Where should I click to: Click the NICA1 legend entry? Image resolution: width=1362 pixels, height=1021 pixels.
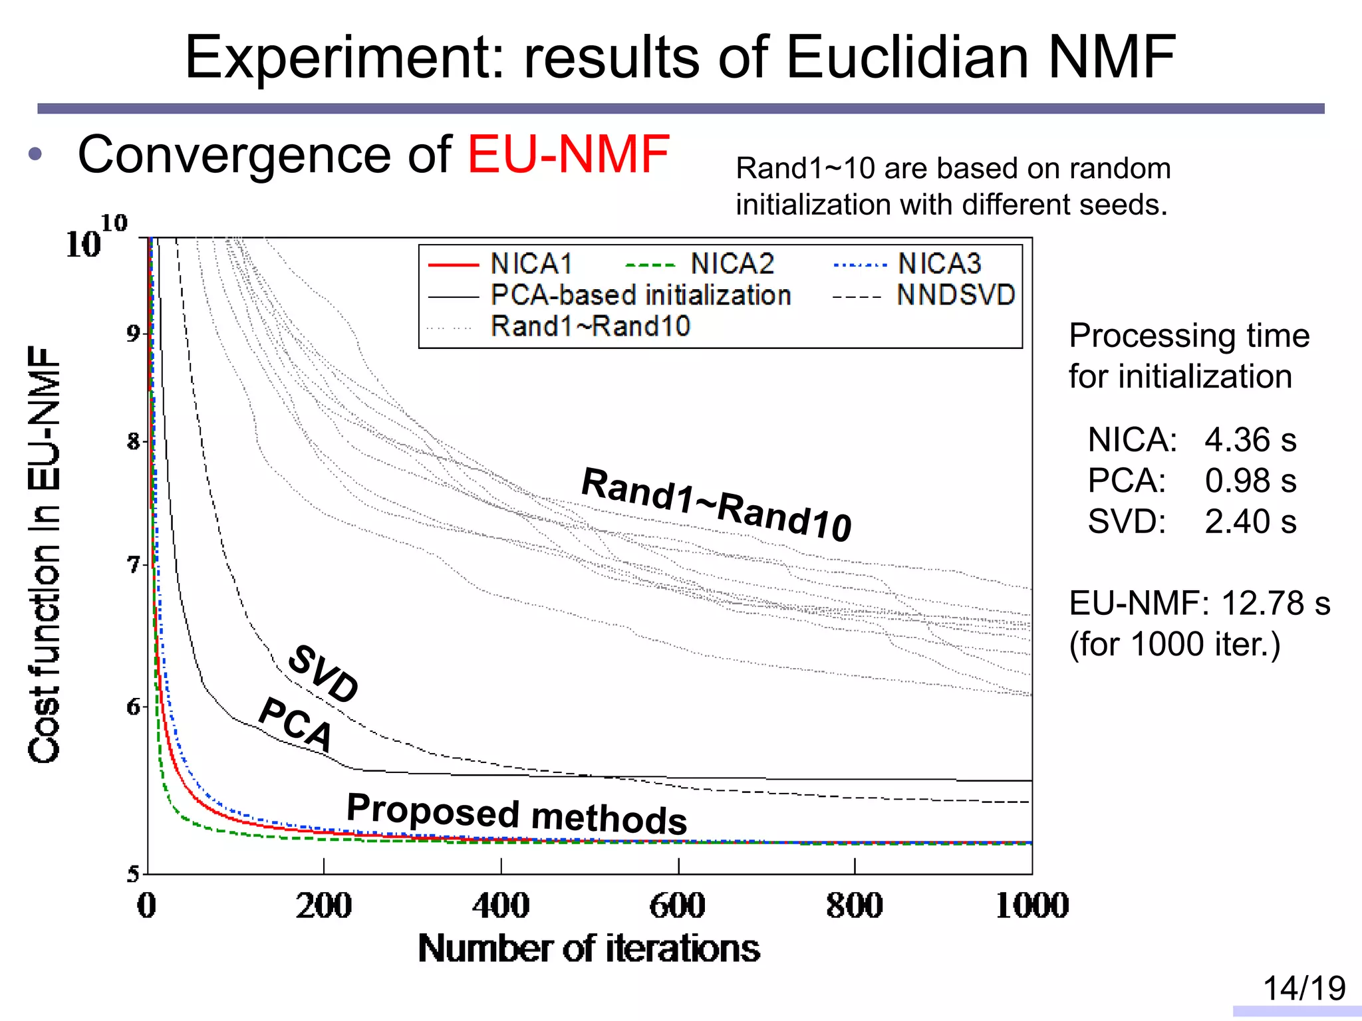531,264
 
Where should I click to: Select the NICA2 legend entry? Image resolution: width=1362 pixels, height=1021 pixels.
732,264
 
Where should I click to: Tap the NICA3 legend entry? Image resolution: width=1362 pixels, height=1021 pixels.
938,264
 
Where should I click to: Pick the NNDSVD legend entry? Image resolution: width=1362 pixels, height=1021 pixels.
955,295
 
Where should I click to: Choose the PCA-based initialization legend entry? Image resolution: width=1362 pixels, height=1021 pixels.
640,295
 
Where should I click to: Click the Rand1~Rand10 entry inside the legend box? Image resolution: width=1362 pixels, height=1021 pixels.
590,326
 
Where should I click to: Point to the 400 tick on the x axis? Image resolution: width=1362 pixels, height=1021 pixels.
500,905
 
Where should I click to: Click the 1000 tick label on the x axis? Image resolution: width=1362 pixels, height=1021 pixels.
1031,905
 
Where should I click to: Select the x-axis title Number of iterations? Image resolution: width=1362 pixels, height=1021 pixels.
589,949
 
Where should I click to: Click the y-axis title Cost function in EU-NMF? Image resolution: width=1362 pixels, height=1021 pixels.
44,555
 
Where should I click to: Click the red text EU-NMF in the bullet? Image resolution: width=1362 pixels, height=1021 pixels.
568,154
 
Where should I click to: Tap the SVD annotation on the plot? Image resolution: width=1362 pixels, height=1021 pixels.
323,673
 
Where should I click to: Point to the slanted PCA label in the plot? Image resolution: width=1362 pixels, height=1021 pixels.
295,724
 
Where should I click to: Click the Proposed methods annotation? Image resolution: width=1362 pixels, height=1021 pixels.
517,814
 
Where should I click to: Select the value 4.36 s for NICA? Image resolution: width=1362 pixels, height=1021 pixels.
1250,440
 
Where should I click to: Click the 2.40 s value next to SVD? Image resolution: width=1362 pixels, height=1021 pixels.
1250,522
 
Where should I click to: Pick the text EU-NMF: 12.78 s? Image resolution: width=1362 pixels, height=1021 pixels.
1199,604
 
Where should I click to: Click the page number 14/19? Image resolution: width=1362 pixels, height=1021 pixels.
1303,988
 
